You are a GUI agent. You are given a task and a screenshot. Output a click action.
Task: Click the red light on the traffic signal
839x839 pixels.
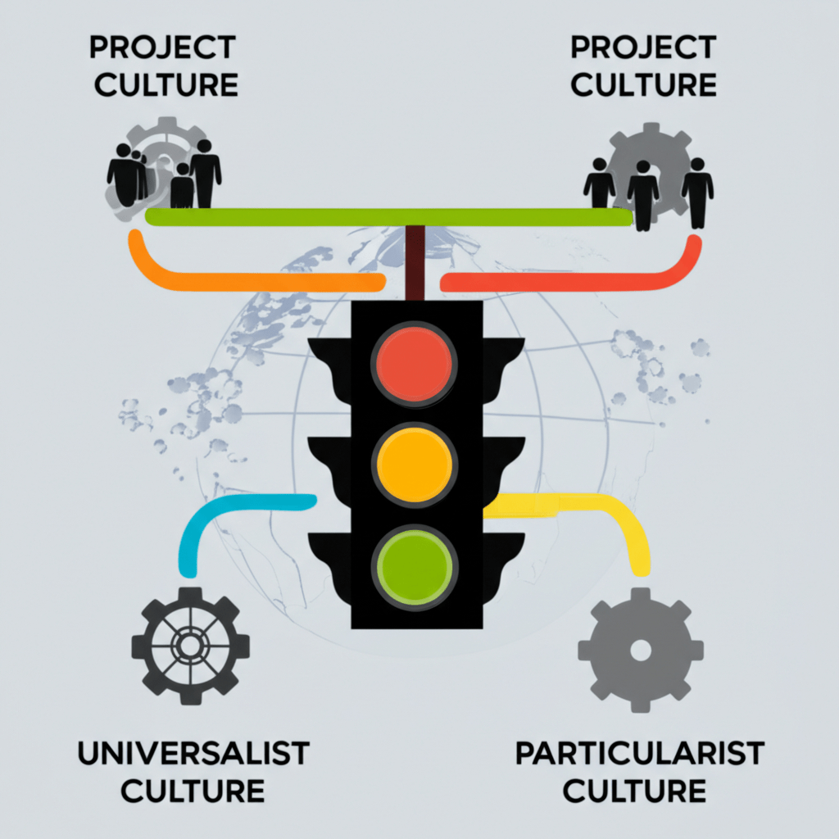tap(413, 361)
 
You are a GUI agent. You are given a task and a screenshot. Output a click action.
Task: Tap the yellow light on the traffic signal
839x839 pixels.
tap(413, 463)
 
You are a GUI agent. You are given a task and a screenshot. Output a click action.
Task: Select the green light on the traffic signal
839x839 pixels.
tap(413, 564)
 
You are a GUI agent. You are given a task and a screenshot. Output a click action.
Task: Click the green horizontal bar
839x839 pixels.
tap(389, 217)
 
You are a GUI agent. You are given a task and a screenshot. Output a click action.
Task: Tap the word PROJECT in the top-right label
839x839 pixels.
tap(644, 48)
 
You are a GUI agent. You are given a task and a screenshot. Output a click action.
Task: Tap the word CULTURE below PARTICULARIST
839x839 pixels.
tap(635, 791)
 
